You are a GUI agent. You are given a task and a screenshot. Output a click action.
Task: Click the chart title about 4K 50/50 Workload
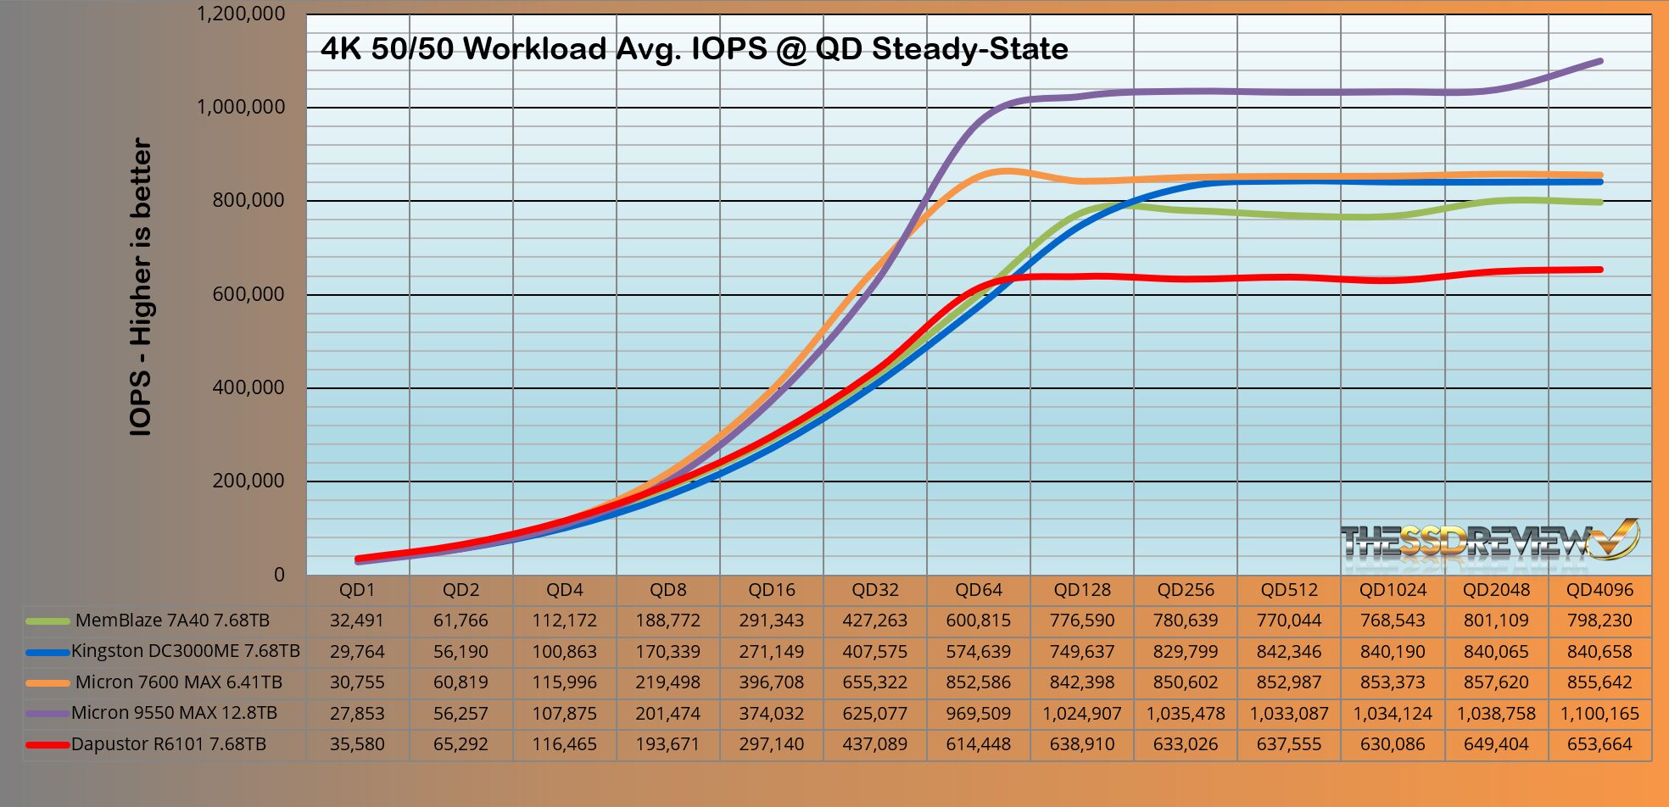[694, 49]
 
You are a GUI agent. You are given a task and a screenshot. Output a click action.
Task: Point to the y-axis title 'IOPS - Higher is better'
[141, 287]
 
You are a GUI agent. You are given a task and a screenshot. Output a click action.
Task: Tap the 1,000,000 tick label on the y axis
[241, 107]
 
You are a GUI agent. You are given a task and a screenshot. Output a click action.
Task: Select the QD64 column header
[979, 590]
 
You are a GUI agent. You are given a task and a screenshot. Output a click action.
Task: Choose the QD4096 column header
[1599, 590]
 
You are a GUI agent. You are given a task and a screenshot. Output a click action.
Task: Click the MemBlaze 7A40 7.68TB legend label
[172, 621]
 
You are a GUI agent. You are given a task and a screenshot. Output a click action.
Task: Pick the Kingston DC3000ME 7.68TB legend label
[186, 651]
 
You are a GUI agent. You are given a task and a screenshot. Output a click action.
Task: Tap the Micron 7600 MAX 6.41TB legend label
[179, 682]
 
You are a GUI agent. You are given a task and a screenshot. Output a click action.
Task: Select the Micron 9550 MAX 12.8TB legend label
[174, 713]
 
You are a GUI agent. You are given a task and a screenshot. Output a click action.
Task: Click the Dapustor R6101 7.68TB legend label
[169, 744]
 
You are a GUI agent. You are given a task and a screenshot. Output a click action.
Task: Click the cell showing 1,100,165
[1599, 714]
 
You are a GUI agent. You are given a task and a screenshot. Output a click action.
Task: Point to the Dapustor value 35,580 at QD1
[357, 744]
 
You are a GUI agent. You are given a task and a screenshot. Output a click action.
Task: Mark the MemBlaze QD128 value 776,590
[1082, 621]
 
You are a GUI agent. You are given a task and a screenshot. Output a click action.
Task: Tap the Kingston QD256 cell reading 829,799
[1186, 652]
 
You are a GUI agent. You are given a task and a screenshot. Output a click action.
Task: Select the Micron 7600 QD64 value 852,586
[979, 682]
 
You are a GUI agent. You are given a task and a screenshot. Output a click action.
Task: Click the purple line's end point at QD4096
[1599, 61]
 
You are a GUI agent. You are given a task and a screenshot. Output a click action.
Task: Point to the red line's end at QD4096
[1599, 270]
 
